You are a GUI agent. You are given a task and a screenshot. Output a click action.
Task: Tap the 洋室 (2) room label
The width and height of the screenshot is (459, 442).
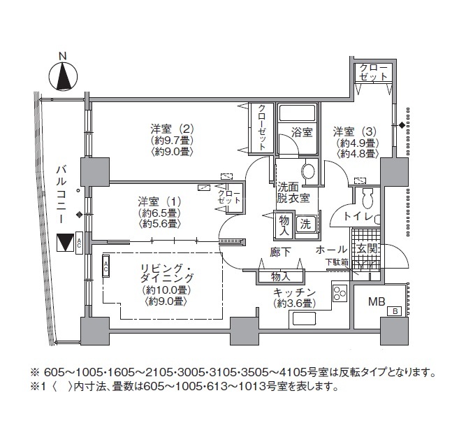coord(172,129)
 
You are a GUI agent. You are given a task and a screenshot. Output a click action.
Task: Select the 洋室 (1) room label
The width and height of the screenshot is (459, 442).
coord(159,202)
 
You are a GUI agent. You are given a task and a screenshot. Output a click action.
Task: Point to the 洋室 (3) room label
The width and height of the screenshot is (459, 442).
coord(354,132)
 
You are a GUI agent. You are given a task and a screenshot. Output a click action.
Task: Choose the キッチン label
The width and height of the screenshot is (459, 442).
coord(295,292)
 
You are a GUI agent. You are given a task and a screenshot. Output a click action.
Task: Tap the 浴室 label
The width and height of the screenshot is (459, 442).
coord(302,132)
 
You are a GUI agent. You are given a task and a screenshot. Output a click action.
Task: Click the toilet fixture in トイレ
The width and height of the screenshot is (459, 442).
coord(367,197)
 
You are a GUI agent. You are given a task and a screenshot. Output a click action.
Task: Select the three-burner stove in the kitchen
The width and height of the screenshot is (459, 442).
coord(340,293)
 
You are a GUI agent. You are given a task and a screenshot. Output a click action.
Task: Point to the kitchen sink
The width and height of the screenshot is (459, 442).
coord(303,318)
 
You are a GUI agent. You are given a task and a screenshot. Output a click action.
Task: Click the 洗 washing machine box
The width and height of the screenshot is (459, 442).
coord(305,224)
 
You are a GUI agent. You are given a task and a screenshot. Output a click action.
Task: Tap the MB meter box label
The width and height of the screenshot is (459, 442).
coord(377,301)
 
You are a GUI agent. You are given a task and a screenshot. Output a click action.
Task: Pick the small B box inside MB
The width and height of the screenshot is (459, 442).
coord(394,311)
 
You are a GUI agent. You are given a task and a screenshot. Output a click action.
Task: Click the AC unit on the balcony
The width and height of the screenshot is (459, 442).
coord(79,243)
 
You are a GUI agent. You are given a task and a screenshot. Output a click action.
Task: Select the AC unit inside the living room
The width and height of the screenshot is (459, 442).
coord(105,265)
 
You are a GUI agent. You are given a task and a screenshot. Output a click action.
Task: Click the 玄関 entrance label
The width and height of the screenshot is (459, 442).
coord(366,249)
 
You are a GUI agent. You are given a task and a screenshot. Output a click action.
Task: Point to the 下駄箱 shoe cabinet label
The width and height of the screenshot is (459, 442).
coord(337,262)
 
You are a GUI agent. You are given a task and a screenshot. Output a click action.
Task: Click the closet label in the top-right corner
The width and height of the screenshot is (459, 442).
coord(373,72)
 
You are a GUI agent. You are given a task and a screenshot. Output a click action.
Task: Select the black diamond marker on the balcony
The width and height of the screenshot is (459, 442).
coord(78,215)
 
